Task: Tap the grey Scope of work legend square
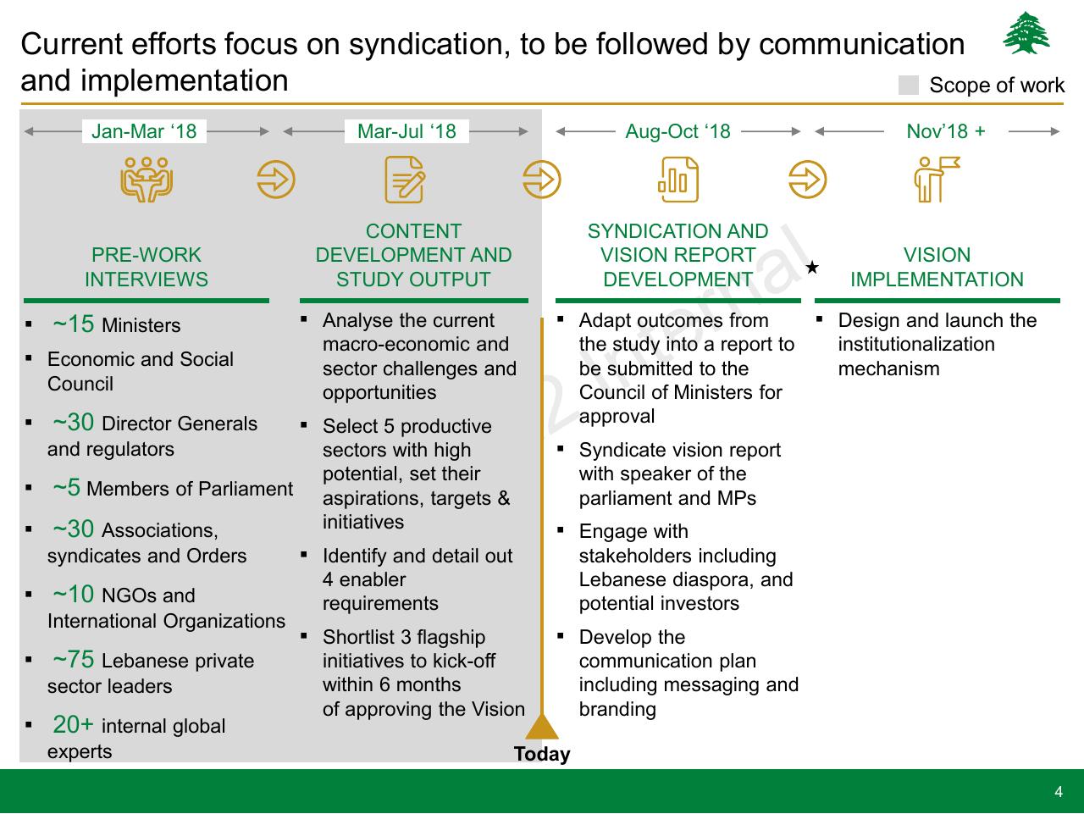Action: tap(908, 85)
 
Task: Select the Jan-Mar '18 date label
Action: tap(144, 131)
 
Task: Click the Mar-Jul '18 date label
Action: tap(406, 131)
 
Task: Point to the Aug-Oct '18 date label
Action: tap(677, 131)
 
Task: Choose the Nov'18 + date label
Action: tap(946, 131)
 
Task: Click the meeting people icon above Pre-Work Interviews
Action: tap(147, 180)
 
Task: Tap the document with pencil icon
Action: tap(405, 180)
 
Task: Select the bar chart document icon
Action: tap(678, 180)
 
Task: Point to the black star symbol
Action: tap(812, 268)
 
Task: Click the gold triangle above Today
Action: tap(542, 726)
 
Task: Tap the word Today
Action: tap(542, 754)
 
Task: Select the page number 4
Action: tap(1059, 792)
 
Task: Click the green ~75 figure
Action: tap(73, 659)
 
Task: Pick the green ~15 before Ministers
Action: tap(73, 324)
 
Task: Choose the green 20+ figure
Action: tap(73, 724)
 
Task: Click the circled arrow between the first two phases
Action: tap(276, 180)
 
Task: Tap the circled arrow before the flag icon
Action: tap(807, 180)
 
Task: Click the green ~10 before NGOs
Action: tap(73, 595)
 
